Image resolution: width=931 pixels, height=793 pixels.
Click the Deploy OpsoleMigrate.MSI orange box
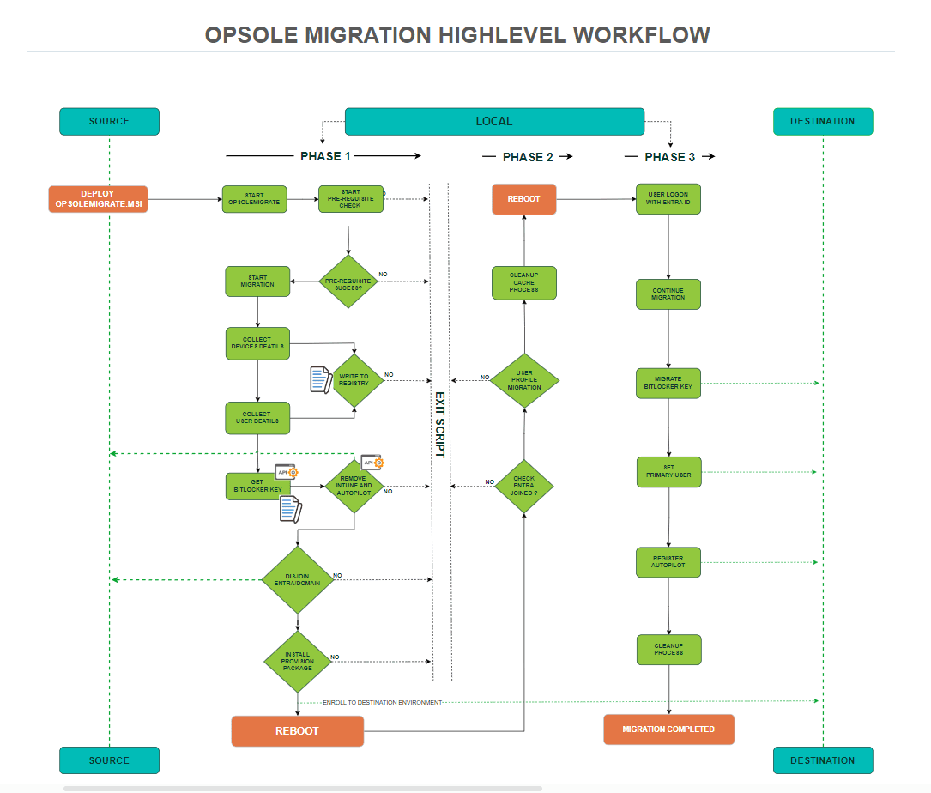pyautogui.click(x=98, y=199)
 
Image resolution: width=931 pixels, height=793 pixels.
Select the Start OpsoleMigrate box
pyautogui.click(x=255, y=199)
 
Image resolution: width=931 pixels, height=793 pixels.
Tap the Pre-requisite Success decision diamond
pyautogui.click(x=348, y=281)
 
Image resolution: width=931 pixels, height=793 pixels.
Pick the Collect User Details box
pyautogui.click(x=257, y=418)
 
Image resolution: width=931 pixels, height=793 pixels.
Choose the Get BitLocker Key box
pyautogui.click(x=257, y=487)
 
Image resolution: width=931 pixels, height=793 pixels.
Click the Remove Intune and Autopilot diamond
pyautogui.click(x=354, y=486)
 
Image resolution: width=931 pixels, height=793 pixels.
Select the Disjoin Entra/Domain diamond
pyautogui.click(x=297, y=579)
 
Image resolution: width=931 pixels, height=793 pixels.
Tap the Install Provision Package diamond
pyautogui.click(x=297, y=661)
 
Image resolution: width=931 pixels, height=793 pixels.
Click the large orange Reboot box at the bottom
pyautogui.click(x=297, y=730)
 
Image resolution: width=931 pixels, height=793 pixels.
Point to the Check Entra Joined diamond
pyautogui.click(x=523, y=486)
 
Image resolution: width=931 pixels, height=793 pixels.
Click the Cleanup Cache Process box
pyautogui.click(x=523, y=282)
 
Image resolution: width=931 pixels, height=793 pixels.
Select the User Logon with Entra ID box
pyautogui.click(x=668, y=199)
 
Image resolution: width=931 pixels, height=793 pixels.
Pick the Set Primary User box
pyautogui.click(x=668, y=472)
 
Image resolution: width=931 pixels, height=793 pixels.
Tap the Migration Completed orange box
pyautogui.click(x=668, y=729)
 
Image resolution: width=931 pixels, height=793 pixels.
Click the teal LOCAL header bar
pyautogui.click(x=494, y=121)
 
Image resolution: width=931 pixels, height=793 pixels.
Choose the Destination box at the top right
pyautogui.click(x=822, y=121)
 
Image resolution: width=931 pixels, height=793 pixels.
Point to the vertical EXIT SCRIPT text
pyautogui.click(x=439, y=425)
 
